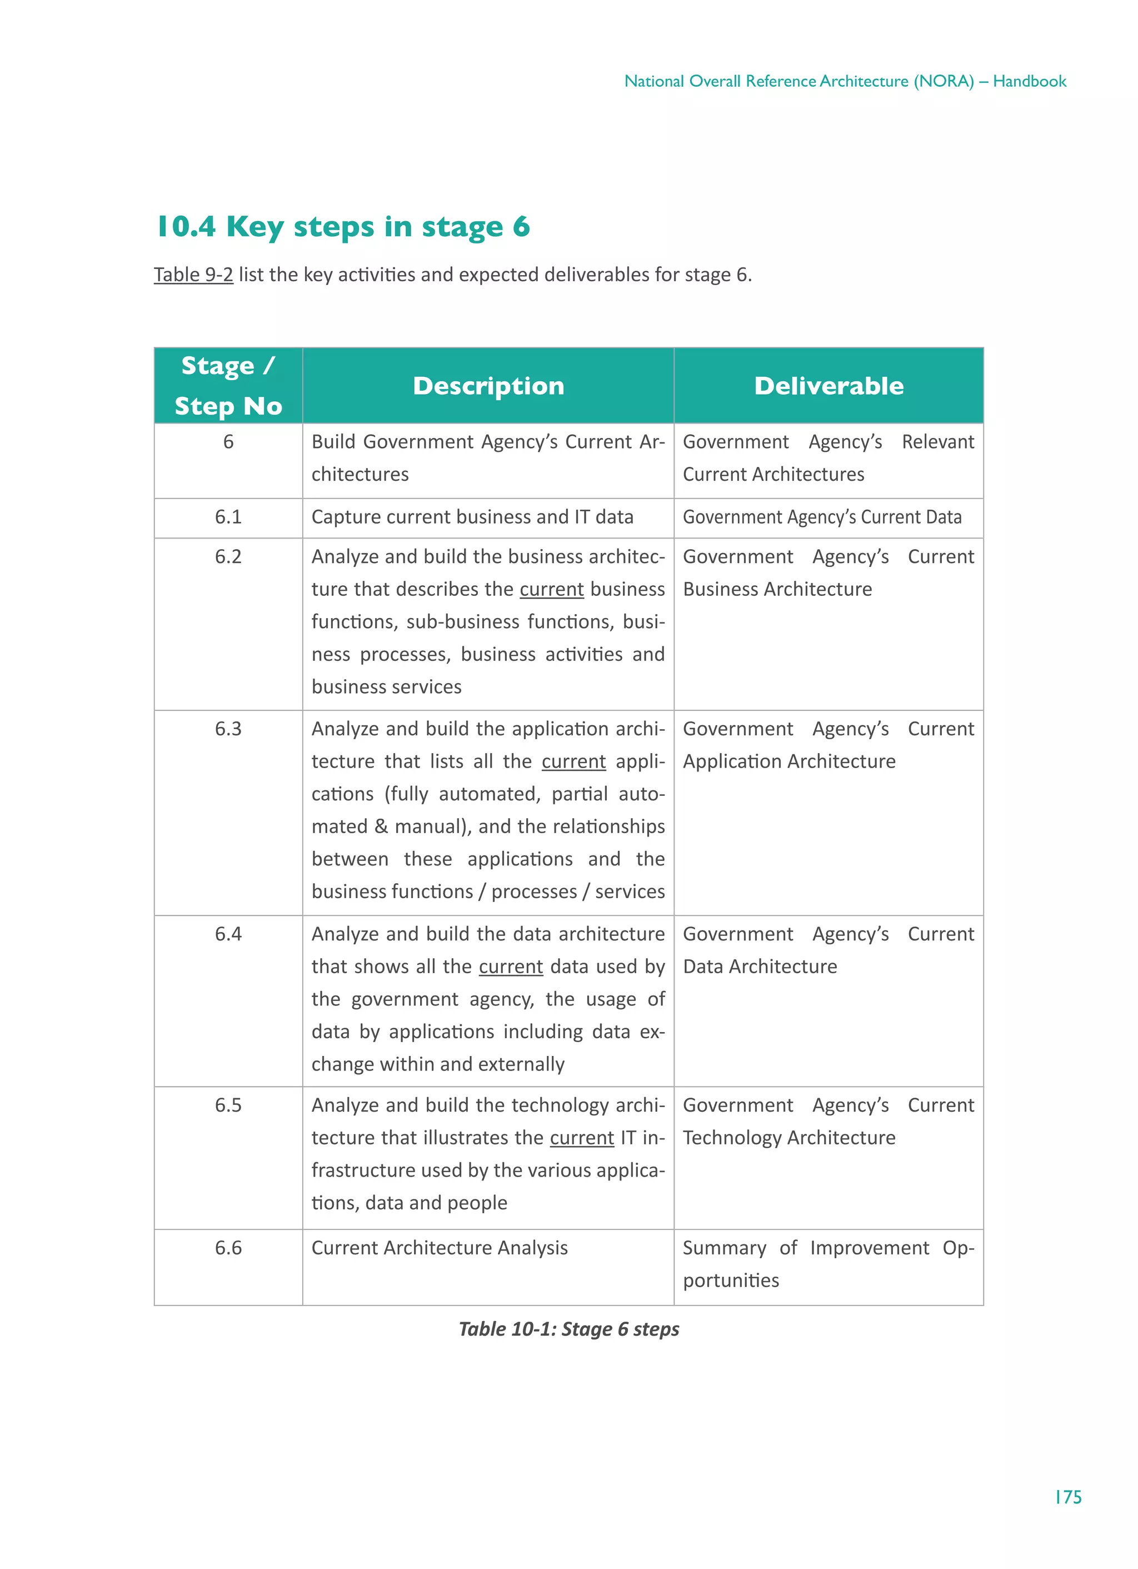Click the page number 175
(x=1067, y=1497)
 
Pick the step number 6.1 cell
(x=228, y=517)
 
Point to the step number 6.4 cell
(x=228, y=934)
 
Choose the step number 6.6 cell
(x=228, y=1247)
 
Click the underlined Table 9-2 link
(x=193, y=275)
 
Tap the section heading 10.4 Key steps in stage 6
(x=343, y=227)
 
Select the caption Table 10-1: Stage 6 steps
(x=568, y=1329)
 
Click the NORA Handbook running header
(x=845, y=82)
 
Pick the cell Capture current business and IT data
(x=472, y=517)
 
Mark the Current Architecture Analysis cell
(x=440, y=1247)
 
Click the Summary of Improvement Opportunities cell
(x=828, y=1263)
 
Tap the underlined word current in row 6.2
(x=551, y=589)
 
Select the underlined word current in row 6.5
(x=582, y=1138)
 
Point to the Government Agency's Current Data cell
(x=822, y=517)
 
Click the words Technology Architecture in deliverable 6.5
(x=788, y=1138)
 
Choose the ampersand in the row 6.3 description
(x=381, y=826)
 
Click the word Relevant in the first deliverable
(x=937, y=442)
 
